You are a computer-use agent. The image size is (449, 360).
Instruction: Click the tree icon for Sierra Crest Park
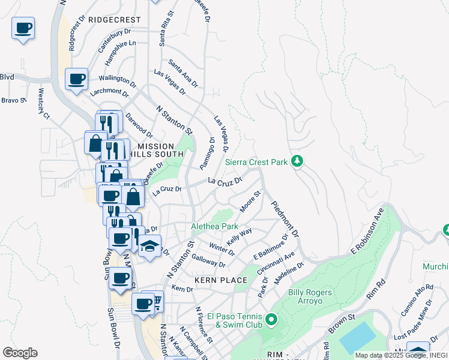297,161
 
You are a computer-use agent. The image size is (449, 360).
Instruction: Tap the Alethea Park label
214,226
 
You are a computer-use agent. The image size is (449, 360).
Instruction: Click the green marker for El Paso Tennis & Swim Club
271,319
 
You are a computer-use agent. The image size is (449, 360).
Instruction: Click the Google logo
20,353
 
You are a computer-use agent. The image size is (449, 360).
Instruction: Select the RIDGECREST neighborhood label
114,19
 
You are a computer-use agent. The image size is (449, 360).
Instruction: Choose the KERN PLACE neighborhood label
221,280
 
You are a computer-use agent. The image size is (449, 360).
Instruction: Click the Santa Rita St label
166,28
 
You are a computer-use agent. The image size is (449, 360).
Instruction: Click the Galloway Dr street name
208,260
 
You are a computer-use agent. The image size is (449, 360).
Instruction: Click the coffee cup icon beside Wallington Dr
77,79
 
